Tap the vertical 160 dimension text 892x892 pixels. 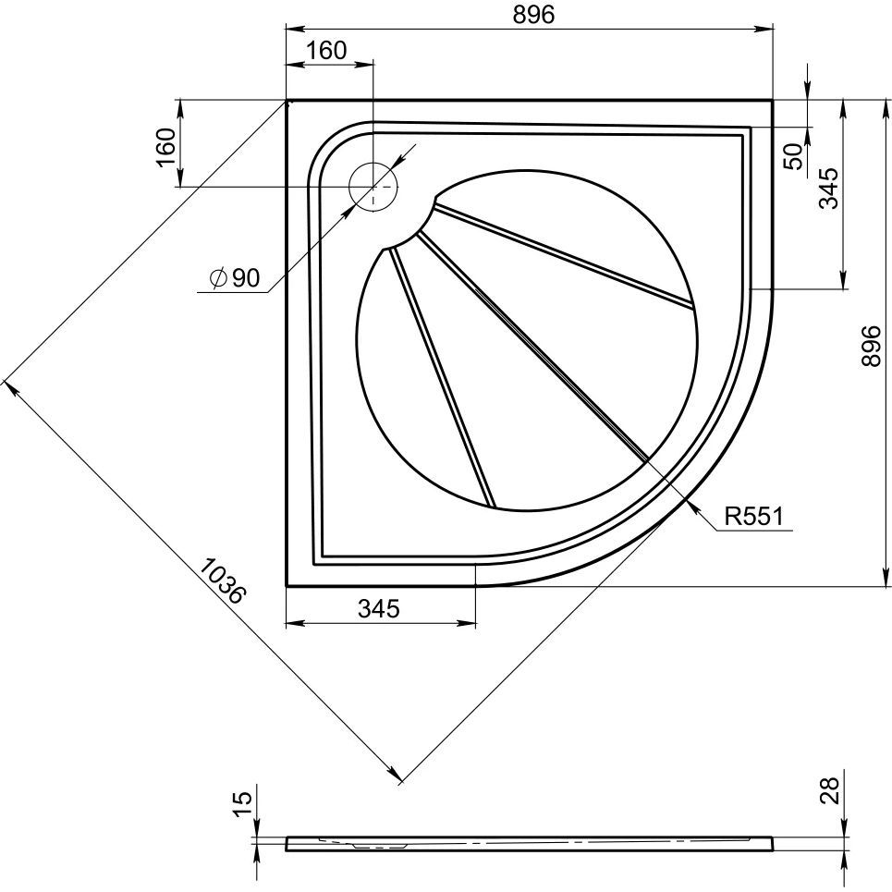(x=165, y=146)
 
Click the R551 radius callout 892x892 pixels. (x=752, y=517)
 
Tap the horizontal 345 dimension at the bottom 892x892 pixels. (x=378, y=608)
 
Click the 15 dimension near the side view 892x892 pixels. (x=238, y=802)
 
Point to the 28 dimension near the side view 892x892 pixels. (x=829, y=791)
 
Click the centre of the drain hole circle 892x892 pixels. (x=373, y=186)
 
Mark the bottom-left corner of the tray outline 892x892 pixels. (x=287, y=585)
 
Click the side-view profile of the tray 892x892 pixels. (x=530, y=843)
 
